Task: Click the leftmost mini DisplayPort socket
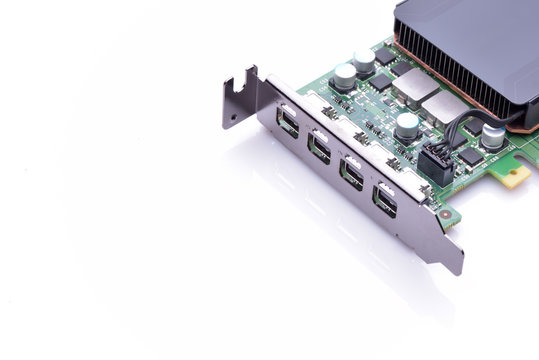tap(288, 122)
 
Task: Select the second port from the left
tap(319, 147)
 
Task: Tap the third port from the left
tap(351, 173)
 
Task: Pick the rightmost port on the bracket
tap(384, 200)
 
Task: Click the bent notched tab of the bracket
tap(239, 97)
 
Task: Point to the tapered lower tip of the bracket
tap(455, 262)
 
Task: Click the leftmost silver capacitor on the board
tap(345, 76)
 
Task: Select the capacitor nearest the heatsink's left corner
tap(364, 62)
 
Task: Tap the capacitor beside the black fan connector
tap(407, 125)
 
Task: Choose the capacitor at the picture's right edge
tap(493, 135)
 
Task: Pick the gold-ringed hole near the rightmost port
tap(444, 214)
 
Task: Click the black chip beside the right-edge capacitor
tap(471, 156)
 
